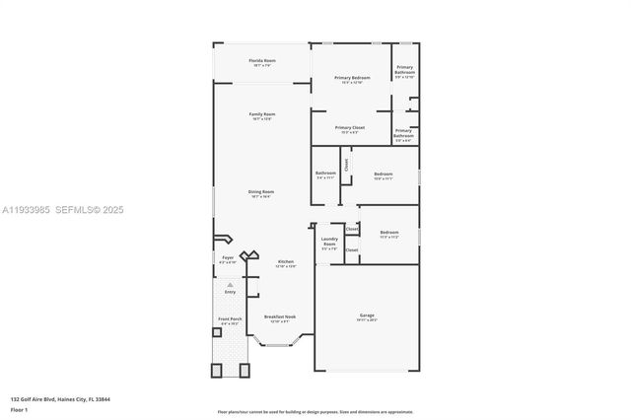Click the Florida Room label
click(261, 61)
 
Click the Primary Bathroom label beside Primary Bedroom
click(405, 69)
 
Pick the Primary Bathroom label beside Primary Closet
click(404, 133)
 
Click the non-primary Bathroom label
click(326, 174)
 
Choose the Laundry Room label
click(329, 243)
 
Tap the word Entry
click(230, 292)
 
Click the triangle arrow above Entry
click(230, 284)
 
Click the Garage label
click(366, 316)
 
